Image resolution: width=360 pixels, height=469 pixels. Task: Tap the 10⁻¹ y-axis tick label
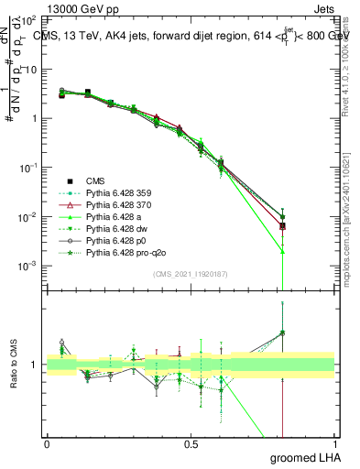[x=27, y=168]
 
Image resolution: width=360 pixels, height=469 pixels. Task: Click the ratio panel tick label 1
[x=35, y=365]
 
